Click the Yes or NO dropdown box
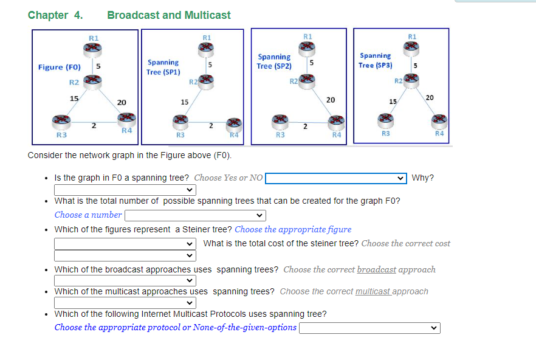pos(335,178)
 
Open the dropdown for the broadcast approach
pos(125,280)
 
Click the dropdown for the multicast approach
pos(125,302)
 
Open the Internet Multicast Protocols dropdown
pos(369,328)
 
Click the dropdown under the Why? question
pos(125,190)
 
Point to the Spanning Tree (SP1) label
pos(163,67)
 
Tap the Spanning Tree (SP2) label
pos(274,61)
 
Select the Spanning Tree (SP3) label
pos(376,60)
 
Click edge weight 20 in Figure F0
pos(122,103)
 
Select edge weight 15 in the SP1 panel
pos(185,103)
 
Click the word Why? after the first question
pos(422,178)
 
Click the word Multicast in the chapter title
pos(207,15)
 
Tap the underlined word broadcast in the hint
pos(376,269)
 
